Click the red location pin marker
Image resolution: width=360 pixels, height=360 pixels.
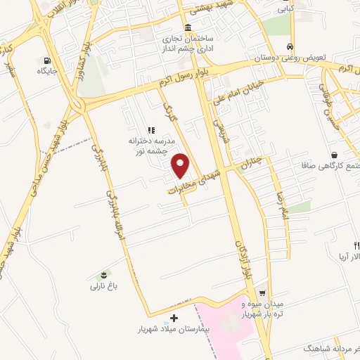click(181, 165)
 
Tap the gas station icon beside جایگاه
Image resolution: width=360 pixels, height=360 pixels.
click(47, 60)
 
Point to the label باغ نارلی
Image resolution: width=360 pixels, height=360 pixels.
click(105, 285)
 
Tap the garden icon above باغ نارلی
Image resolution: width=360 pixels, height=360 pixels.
click(105, 273)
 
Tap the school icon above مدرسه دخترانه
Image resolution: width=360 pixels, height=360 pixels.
click(150, 130)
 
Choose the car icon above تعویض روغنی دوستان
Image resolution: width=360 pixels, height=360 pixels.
click(290, 47)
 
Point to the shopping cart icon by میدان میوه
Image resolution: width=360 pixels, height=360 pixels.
click(262, 292)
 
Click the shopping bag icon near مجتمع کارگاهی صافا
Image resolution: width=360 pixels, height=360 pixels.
click(334, 155)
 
